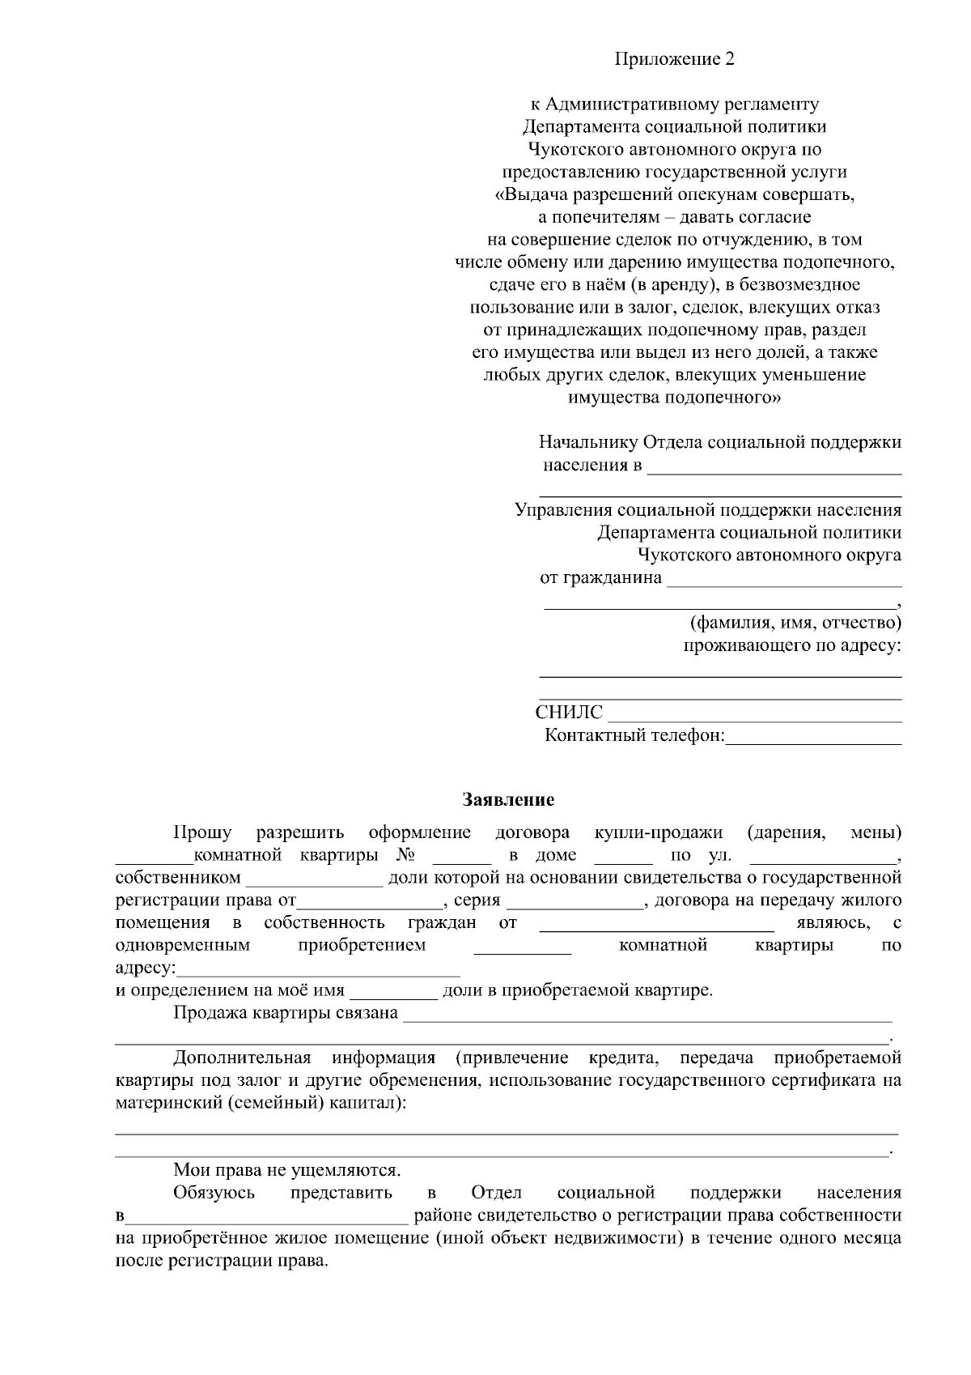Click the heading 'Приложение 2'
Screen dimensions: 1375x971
pyautogui.click(x=674, y=59)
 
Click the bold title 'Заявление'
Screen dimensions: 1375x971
pyautogui.click(x=508, y=800)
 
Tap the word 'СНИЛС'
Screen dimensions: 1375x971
pyautogui.click(x=569, y=713)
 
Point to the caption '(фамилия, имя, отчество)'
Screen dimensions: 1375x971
pyautogui.click(x=795, y=623)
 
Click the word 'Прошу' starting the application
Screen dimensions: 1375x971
pyautogui.click(x=202, y=832)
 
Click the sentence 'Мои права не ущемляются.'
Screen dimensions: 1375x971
pyautogui.click(x=287, y=1170)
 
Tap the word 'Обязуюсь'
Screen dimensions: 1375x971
pyautogui.click(x=214, y=1193)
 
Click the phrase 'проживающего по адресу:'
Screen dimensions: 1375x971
pyautogui.click(x=792, y=645)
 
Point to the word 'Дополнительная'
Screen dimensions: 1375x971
pyautogui.click(x=242, y=1058)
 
